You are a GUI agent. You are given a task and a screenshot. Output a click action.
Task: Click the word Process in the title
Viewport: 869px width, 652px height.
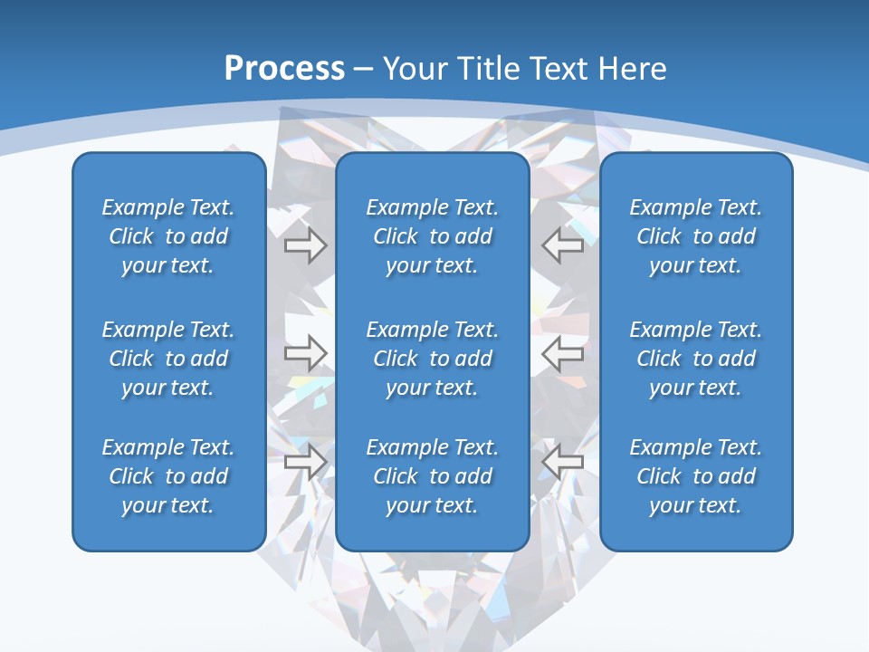pyautogui.click(x=284, y=69)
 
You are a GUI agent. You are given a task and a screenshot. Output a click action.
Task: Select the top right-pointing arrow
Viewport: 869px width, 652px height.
pyautogui.click(x=306, y=245)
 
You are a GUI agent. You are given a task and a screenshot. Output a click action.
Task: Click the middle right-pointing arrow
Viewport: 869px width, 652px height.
pyautogui.click(x=306, y=353)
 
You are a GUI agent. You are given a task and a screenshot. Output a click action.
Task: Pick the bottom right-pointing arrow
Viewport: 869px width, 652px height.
pyautogui.click(x=306, y=462)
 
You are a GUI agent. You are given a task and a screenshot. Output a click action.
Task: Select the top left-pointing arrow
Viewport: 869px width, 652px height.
pyautogui.click(x=563, y=245)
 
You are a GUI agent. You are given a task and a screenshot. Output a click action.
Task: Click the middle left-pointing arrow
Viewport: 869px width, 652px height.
pyautogui.click(x=563, y=353)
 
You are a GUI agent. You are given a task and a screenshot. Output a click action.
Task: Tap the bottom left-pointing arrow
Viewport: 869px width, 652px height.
pyautogui.click(x=563, y=462)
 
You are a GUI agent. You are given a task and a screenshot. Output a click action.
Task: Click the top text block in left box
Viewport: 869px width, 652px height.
pyautogui.click(x=168, y=236)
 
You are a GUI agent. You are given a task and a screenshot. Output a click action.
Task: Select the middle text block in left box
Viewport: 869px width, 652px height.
pyautogui.click(x=168, y=359)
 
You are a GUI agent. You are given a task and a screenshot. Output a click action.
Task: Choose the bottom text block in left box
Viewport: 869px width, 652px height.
pyautogui.click(x=168, y=476)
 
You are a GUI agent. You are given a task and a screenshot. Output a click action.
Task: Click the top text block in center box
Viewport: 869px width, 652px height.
pyautogui.click(x=432, y=236)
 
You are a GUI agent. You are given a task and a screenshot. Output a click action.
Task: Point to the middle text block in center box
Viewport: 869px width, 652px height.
pyautogui.click(x=432, y=359)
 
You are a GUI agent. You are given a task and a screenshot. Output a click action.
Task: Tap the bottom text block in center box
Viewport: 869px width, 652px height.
pyautogui.click(x=432, y=476)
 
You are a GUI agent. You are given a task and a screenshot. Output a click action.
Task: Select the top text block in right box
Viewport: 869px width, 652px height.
pyautogui.click(x=695, y=236)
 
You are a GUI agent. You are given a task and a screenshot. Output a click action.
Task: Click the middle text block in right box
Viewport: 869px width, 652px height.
pyautogui.click(x=695, y=359)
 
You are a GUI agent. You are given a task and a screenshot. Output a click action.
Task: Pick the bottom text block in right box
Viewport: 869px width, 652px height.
pyautogui.click(x=695, y=476)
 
